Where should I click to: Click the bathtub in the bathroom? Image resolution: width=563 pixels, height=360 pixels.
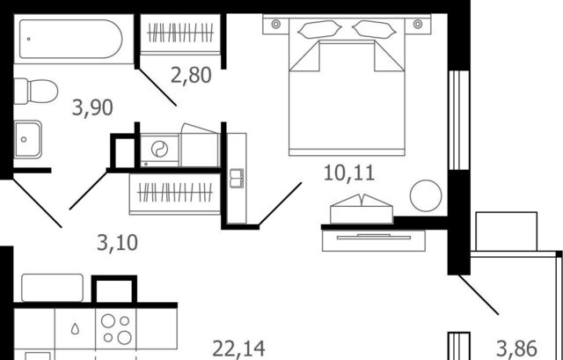70,39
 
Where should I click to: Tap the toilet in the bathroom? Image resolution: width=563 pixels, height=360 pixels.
36,92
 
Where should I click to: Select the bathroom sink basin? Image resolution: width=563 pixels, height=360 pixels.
27,139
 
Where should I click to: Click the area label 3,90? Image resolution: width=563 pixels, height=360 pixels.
92,107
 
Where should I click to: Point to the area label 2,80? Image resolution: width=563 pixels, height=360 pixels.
191,76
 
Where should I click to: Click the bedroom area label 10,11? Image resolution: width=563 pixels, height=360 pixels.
349,173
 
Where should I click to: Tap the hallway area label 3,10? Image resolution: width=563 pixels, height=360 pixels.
117,243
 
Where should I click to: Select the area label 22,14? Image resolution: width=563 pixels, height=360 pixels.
238,349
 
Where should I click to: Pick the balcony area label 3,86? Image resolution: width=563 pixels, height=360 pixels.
516,349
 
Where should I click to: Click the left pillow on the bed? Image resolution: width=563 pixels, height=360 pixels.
319,29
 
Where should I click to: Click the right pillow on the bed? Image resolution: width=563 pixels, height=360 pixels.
374,29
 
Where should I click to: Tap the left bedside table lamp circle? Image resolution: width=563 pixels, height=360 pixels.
275,24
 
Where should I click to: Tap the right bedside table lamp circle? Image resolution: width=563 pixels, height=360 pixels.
418,24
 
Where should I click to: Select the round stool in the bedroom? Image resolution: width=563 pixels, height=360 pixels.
426,195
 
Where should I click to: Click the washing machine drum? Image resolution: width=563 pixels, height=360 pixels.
159,149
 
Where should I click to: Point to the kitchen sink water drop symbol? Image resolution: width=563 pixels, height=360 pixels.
75,328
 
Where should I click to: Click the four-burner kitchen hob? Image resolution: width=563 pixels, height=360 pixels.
116,328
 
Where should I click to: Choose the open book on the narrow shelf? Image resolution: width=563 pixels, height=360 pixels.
237,178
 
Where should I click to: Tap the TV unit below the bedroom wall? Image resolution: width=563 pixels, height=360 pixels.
373,240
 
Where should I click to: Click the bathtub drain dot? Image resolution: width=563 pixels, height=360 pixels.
28,39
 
